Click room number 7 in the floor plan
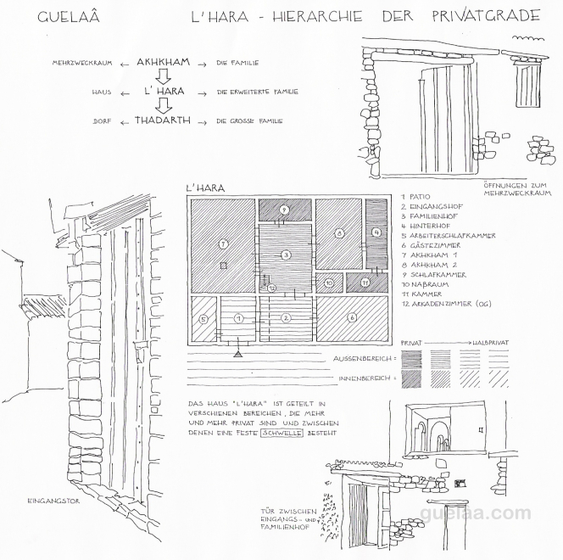coord(223,244)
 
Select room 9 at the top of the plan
coord(286,209)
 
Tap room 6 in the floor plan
coord(352,317)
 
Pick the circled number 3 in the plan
coord(286,255)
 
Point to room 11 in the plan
coord(363,282)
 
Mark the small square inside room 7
coord(223,266)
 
